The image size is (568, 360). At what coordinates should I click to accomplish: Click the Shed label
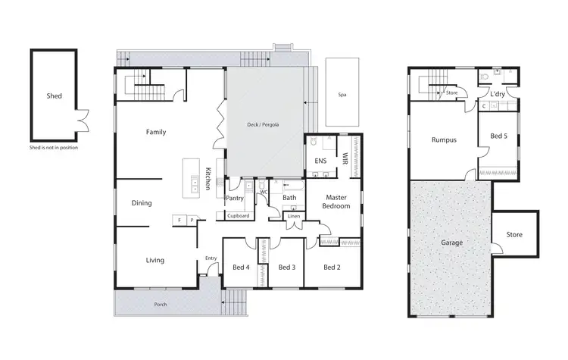coord(53,96)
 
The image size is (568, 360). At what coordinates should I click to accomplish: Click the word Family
coord(156,132)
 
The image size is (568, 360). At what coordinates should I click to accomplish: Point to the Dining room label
coord(142,203)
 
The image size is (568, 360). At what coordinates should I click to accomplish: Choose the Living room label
coord(155,260)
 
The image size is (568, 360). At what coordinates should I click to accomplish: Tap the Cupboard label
coord(238,216)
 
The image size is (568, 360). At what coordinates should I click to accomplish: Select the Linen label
coord(292,216)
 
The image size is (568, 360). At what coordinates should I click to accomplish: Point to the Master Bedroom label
coord(336,202)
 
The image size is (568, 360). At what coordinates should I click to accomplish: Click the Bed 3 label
coord(286,267)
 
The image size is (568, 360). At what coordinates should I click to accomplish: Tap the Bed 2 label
coord(332,267)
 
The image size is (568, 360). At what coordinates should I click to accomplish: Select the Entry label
coord(211,258)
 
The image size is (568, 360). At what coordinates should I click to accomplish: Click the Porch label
coord(161,305)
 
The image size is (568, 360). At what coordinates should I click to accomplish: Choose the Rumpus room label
coord(443,139)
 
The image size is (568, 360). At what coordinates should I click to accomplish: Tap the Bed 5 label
coord(498,136)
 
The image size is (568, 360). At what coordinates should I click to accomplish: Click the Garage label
coord(451,243)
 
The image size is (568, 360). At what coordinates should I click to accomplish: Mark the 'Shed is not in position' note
coord(53,148)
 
